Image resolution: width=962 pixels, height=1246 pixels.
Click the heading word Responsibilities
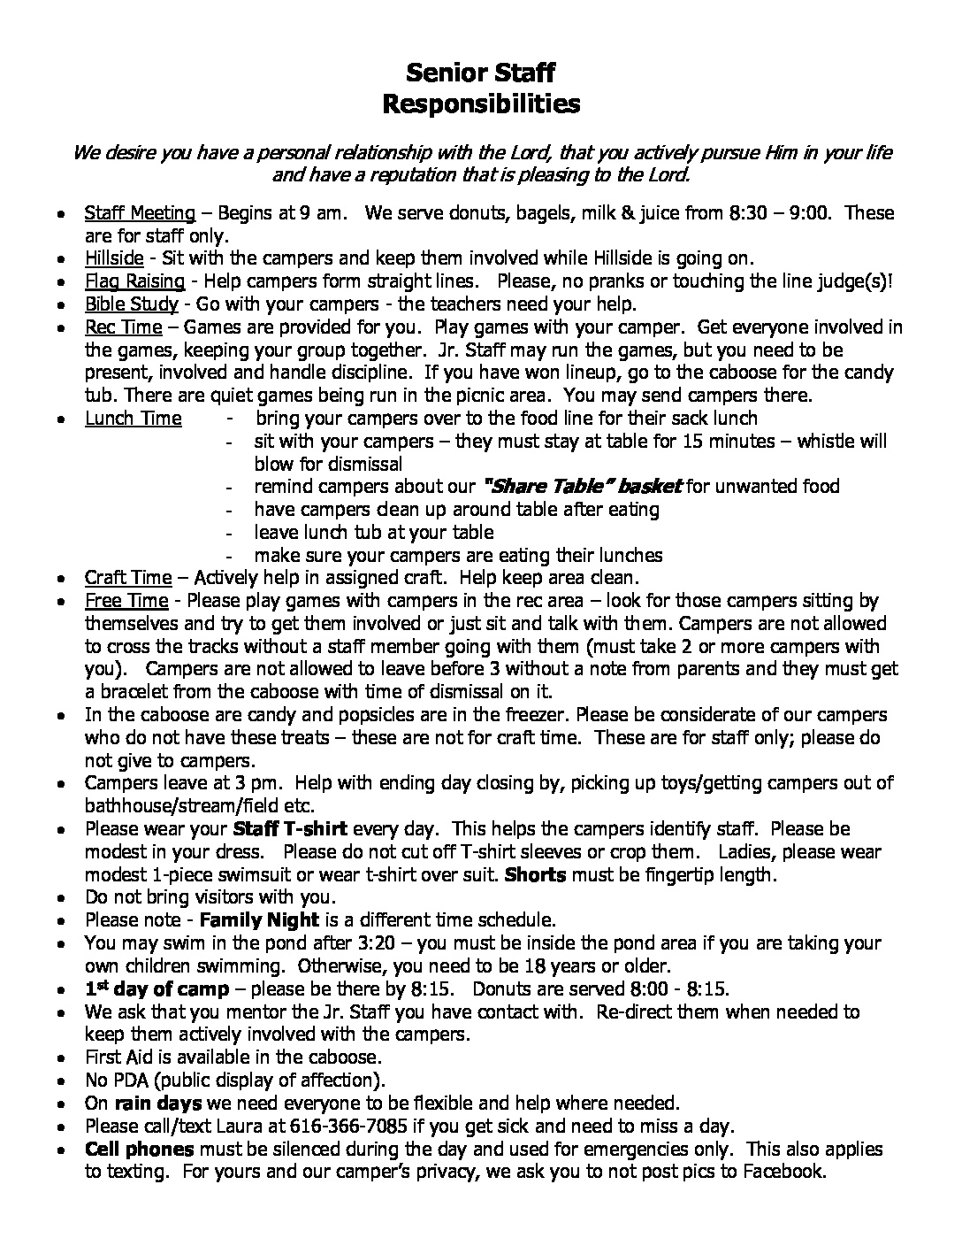tap(481, 104)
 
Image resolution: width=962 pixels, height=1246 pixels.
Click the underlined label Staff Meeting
tap(140, 213)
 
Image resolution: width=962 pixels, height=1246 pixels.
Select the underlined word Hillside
tap(114, 258)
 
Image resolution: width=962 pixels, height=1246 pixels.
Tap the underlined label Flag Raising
tap(134, 281)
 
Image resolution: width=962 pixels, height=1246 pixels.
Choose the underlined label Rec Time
tap(123, 327)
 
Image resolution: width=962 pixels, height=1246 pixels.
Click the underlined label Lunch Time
tap(134, 419)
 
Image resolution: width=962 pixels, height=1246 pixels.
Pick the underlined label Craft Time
tap(128, 578)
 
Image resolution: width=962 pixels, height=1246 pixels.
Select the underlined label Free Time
tap(126, 601)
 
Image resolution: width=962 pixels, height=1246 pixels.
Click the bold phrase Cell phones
tap(139, 1150)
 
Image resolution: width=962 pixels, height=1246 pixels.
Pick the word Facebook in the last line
tap(783, 1172)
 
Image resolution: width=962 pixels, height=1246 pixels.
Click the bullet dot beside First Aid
tap(59, 1058)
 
